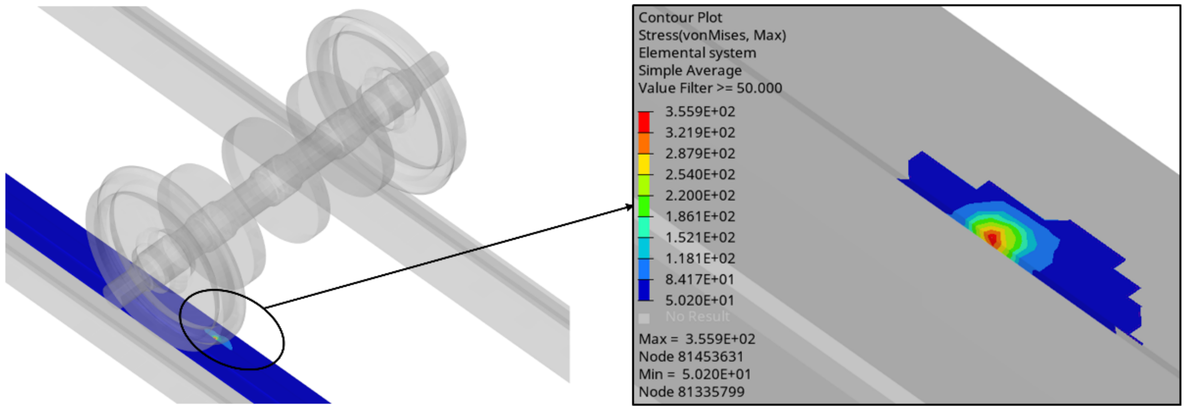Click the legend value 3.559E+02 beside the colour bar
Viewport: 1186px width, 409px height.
point(700,112)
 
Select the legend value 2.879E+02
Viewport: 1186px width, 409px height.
point(700,154)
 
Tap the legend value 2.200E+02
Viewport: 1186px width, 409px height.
point(700,196)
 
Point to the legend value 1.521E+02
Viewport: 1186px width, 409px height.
point(700,237)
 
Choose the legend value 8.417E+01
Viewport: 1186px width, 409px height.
point(700,280)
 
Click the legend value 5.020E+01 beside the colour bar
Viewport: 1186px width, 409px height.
point(700,301)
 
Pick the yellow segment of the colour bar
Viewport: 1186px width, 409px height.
point(643,164)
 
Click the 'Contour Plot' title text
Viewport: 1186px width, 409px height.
point(680,18)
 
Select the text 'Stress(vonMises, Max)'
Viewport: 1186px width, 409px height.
point(712,35)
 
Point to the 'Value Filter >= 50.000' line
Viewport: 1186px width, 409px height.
point(710,88)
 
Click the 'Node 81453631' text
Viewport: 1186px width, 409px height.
point(691,357)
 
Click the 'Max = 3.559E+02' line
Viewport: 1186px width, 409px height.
point(697,339)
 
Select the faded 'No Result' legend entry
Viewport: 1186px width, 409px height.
point(697,317)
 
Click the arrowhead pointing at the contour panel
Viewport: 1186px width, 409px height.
point(630,208)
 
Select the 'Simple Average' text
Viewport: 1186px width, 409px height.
point(690,71)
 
